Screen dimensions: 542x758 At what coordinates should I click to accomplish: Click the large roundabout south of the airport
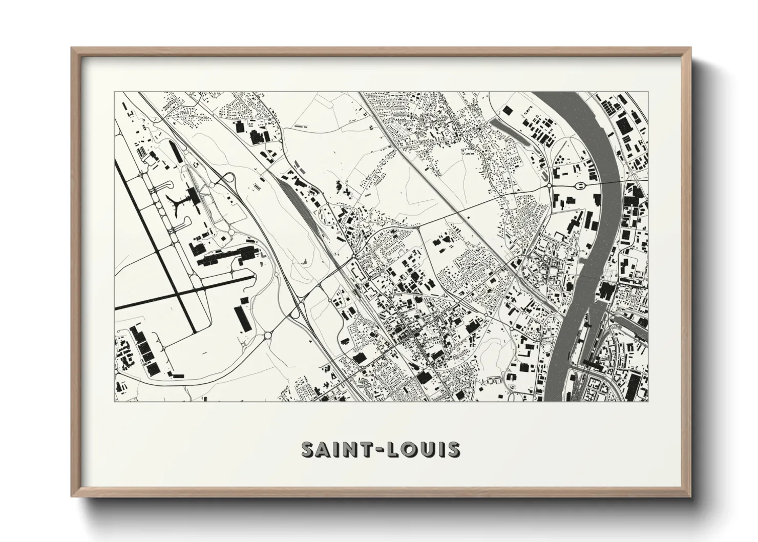268,336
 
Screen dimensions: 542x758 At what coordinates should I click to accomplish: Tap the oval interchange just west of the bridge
581,185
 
